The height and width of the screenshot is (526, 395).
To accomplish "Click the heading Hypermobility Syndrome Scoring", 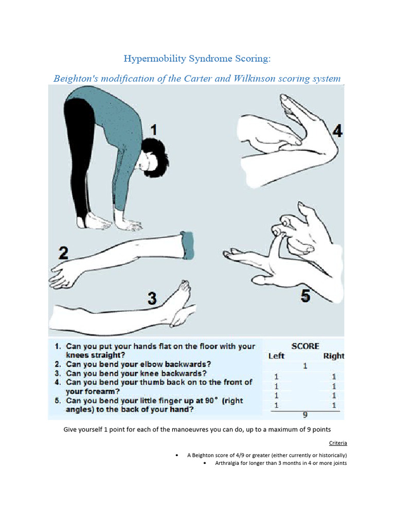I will coord(197,59).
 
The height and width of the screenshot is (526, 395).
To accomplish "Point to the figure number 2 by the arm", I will coord(63,253).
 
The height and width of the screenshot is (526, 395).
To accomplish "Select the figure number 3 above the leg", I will coord(152,298).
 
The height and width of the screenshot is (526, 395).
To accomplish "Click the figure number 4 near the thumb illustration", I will coord(337,131).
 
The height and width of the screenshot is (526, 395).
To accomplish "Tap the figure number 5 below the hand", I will coord(306,296).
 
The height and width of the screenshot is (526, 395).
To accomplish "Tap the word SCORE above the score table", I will coord(305,346).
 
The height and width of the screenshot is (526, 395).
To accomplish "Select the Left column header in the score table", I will coord(277,356).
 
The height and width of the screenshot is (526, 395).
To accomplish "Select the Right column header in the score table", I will coord(333,356).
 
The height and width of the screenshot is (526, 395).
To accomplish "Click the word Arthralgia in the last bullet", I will coord(231,463).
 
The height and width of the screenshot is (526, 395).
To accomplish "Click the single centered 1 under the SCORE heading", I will coord(305,366).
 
